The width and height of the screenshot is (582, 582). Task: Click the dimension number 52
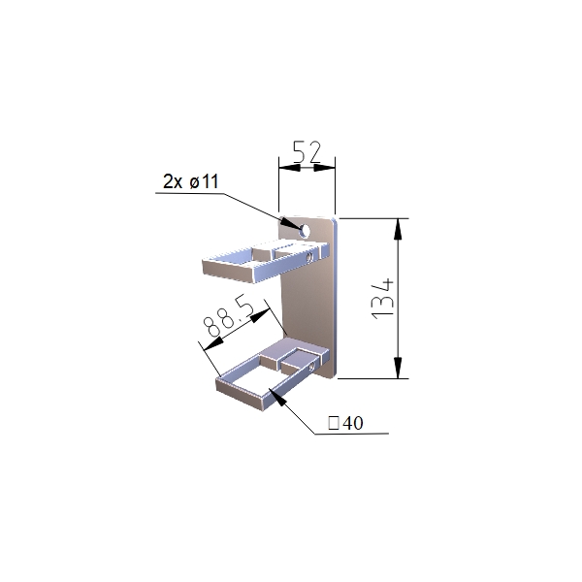pos(307,152)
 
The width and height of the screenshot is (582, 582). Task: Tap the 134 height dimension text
pos(382,299)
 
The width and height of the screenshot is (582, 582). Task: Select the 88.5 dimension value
pos(230,316)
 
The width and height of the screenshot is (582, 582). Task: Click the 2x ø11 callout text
pos(191,181)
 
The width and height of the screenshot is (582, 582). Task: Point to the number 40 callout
pos(353,423)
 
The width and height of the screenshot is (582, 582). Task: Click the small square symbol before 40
pos(334,423)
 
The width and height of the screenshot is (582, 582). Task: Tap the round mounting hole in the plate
pos(306,231)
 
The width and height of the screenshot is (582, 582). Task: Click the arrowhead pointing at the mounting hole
pos(290,223)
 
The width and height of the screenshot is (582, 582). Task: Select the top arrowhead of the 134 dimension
pos(398,230)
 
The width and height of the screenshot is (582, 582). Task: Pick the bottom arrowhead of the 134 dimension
pos(398,368)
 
